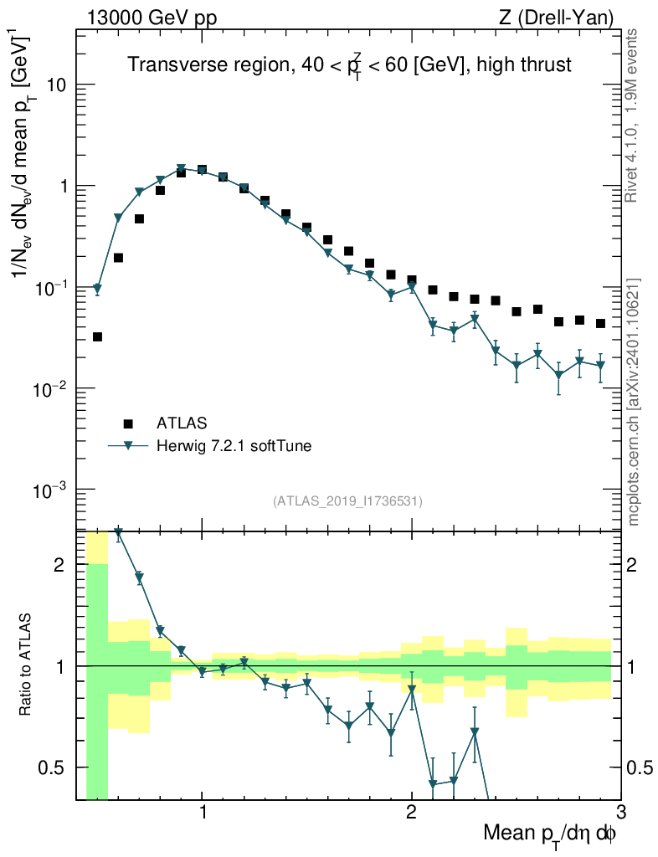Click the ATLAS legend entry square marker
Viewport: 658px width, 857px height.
[x=128, y=423]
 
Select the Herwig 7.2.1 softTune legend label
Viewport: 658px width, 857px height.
[x=234, y=446]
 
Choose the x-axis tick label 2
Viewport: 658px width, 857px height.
[x=411, y=811]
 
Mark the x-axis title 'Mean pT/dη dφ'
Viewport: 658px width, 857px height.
[x=550, y=834]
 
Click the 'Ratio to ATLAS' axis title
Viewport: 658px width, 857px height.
[x=27, y=665]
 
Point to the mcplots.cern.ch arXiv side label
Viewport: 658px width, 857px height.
[x=634, y=402]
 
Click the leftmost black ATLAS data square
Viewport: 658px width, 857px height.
[x=97, y=336]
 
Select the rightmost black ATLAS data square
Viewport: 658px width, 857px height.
[x=600, y=323]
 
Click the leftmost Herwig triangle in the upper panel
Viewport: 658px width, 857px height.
[x=97, y=289]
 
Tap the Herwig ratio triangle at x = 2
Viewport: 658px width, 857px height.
[x=412, y=690]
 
